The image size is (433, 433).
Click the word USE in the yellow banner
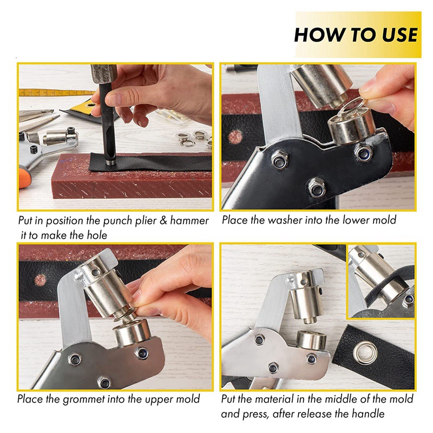[399, 35]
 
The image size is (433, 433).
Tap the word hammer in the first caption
[189, 221]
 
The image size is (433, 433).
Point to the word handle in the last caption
[368, 414]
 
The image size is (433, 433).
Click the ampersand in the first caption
[164, 221]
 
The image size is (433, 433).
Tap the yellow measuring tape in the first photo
[55, 93]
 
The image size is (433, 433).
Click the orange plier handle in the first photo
[24, 178]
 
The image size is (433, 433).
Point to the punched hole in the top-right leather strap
[235, 137]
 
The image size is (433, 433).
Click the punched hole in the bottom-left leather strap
[40, 280]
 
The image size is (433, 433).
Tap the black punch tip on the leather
[110, 161]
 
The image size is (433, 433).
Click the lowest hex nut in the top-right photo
[317, 188]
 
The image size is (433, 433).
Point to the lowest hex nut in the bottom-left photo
[104, 382]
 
